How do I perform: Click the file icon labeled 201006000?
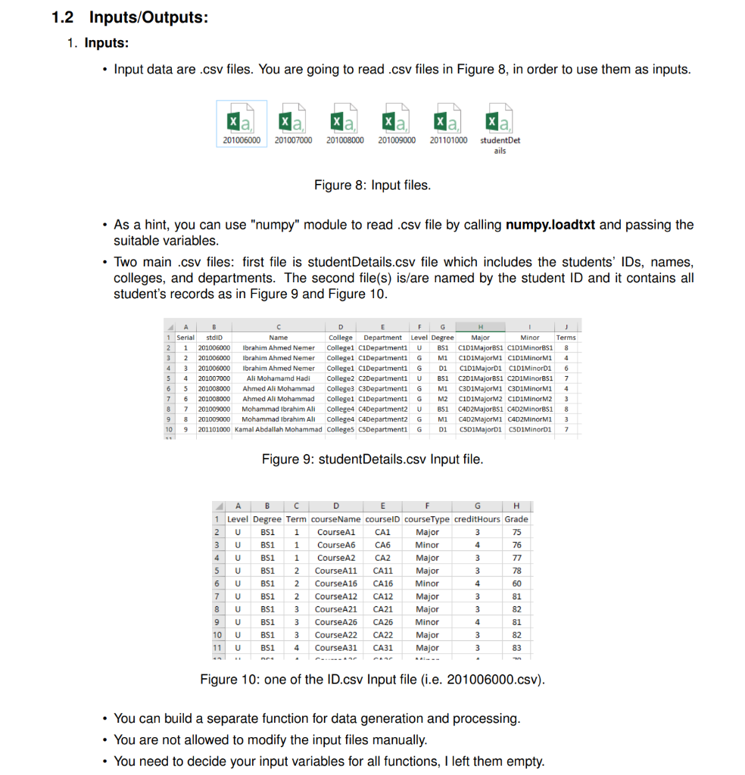click(x=242, y=120)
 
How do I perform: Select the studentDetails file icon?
click(x=500, y=120)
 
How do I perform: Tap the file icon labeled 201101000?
click(x=448, y=120)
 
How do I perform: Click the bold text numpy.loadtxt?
click(x=550, y=225)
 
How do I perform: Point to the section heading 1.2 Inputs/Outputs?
click(x=129, y=17)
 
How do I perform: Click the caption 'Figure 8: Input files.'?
click(x=372, y=185)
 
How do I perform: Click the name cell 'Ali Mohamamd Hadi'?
click(x=278, y=378)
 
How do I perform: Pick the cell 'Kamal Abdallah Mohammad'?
click(x=278, y=429)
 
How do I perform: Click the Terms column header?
click(x=566, y=338)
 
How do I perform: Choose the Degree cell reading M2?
click(x=443, y=398)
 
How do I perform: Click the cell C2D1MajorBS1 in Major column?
click(x=480, y=378)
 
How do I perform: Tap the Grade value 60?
click(x=516, y=584)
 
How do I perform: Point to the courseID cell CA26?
click(x=383, y=622)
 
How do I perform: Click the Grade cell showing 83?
click(x=516, y=648)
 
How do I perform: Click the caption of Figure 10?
click(x=372, y=679)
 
